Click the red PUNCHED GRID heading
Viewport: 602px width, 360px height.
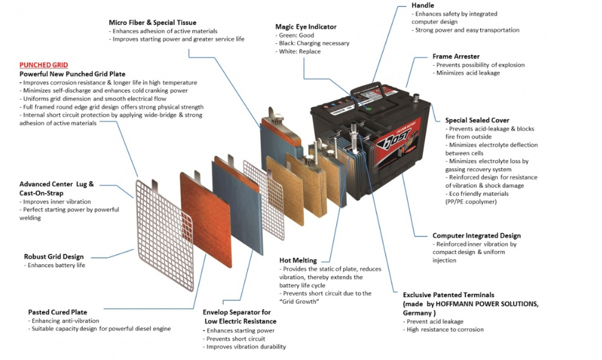(43, 65)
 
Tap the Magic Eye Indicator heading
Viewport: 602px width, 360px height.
(305, 27)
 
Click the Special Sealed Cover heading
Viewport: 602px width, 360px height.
(477, 120)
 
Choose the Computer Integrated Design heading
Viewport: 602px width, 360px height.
(477, 236)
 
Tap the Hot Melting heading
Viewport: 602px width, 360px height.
(298, 260)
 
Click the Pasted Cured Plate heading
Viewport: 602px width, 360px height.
(58, 312)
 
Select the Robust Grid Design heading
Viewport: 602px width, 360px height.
(53, 257)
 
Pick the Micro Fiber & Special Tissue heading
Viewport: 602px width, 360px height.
(152, 23)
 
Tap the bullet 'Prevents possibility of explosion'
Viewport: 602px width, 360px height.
(479, 65)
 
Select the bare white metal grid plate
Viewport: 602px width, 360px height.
(164, 225)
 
